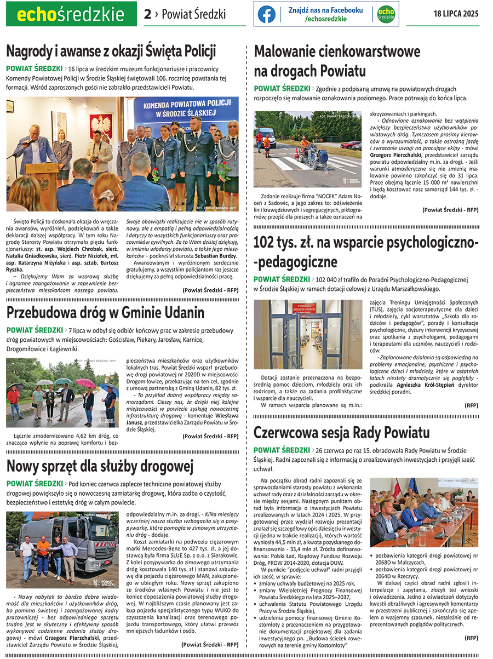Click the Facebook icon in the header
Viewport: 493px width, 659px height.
(x=267, y=14)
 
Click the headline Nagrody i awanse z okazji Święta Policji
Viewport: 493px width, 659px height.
(x=111, y=51)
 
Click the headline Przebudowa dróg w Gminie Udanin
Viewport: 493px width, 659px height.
(x=105, y=312)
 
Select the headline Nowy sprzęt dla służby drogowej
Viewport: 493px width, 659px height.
(x=100, y=466)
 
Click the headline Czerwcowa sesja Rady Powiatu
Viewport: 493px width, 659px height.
(x=341, y=433)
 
